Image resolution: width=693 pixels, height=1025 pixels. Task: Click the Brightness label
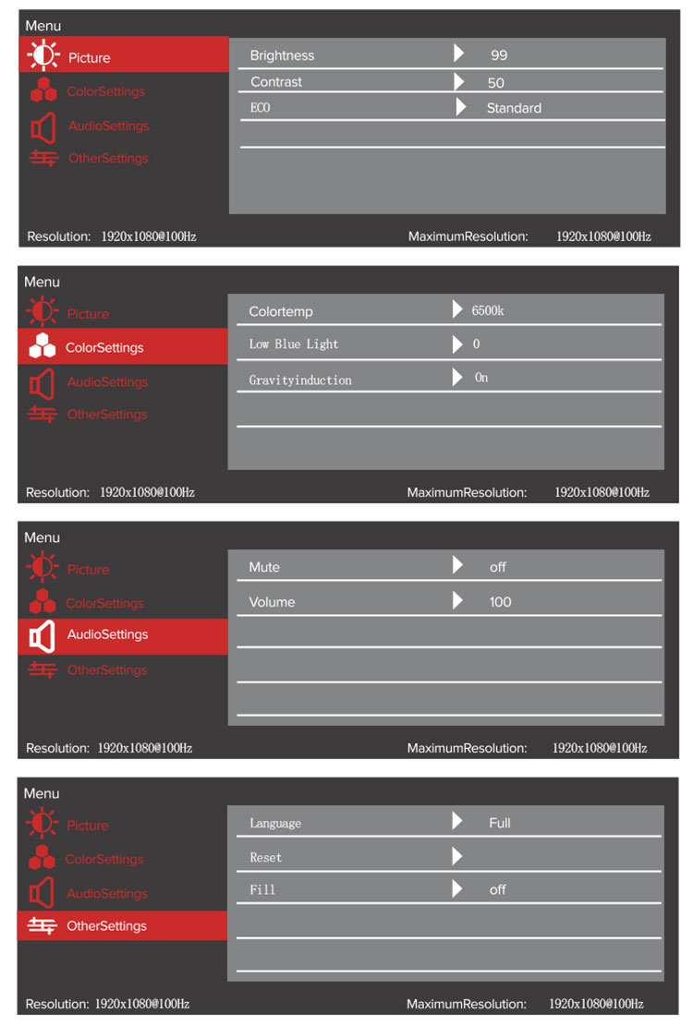(x=282, y=55)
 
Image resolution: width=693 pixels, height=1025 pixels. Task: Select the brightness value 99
(x=499, y=55)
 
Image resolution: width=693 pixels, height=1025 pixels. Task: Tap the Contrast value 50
(x=496, y=82)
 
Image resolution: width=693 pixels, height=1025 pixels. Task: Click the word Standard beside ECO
(x=514, y=108)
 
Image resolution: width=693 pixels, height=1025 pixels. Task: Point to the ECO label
(x=261, y=108)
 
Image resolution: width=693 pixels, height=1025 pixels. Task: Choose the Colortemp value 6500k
(x=488, y=311)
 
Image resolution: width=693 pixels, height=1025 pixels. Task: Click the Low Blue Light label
(x=294, y=344)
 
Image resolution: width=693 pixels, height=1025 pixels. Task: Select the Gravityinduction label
(x=300, y=380)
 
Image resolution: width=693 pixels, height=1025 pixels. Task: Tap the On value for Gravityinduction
(x=481, y=378)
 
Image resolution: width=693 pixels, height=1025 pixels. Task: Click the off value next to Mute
(x=498, y=567)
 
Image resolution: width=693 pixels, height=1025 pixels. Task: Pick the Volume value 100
(x=500, y=602)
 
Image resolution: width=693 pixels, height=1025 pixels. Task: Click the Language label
(x=275, y=823)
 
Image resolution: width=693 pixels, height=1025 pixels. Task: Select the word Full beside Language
(x=500, y=823)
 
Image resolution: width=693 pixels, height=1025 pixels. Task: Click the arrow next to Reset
(x=457, y=857)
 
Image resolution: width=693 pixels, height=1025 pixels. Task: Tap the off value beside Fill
(x=498, y=890)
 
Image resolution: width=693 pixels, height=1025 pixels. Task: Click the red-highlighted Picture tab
(x=123, y=57)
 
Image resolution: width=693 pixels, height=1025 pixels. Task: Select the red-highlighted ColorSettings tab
(x=122, y=348)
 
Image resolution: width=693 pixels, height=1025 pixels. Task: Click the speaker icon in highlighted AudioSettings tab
(x=42, y=636)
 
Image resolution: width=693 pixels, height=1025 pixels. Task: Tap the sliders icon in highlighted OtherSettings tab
(x=43, y=925)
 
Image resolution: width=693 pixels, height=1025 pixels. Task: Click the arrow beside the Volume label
(x=457, y=601)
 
